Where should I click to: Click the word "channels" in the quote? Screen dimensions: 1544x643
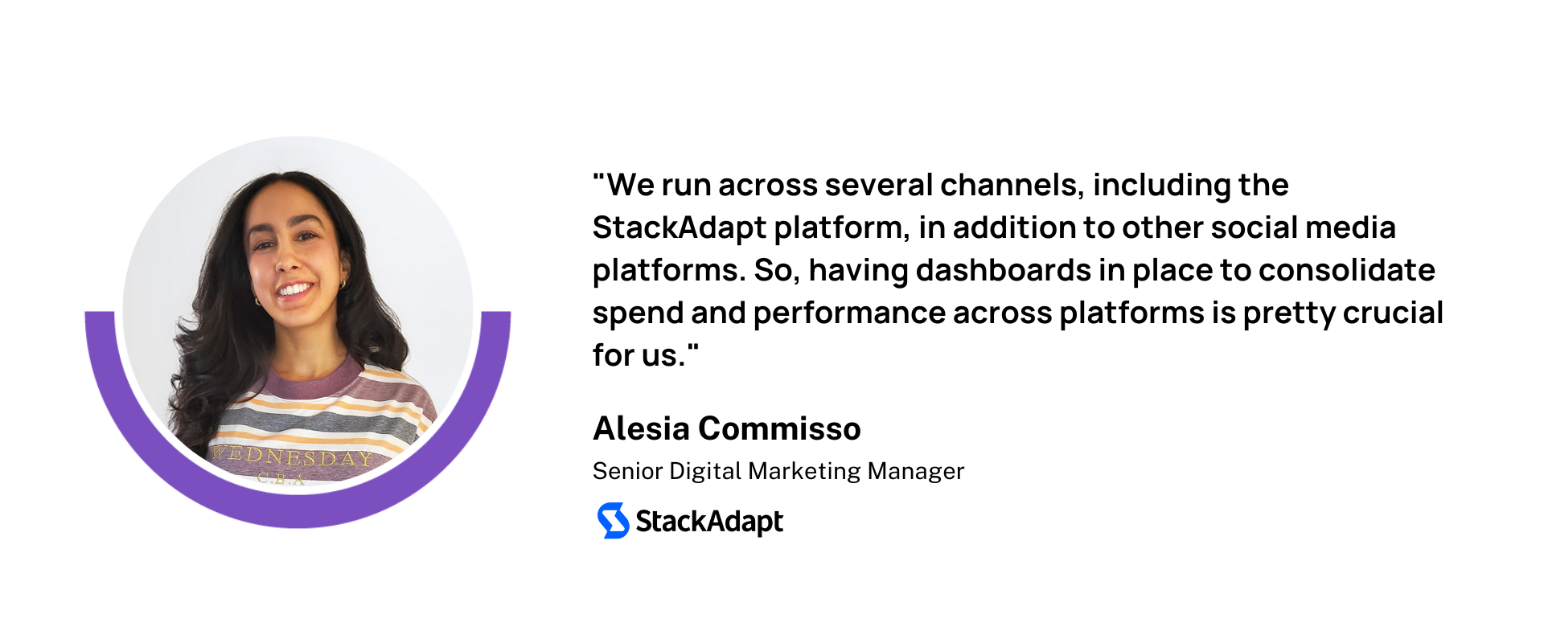click(1012, 185)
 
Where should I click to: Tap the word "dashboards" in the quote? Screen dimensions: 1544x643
click(1004, 270)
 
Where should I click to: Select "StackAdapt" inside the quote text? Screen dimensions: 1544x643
click(680, 229)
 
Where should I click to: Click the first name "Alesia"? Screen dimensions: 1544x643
click(641, 428)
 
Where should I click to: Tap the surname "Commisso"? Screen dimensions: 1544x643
click(779, 428)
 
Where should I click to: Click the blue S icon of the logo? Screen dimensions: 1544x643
click(613, 521)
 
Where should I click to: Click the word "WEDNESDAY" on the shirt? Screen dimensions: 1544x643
click(292, 457)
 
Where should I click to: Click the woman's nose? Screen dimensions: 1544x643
click(288, 259)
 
